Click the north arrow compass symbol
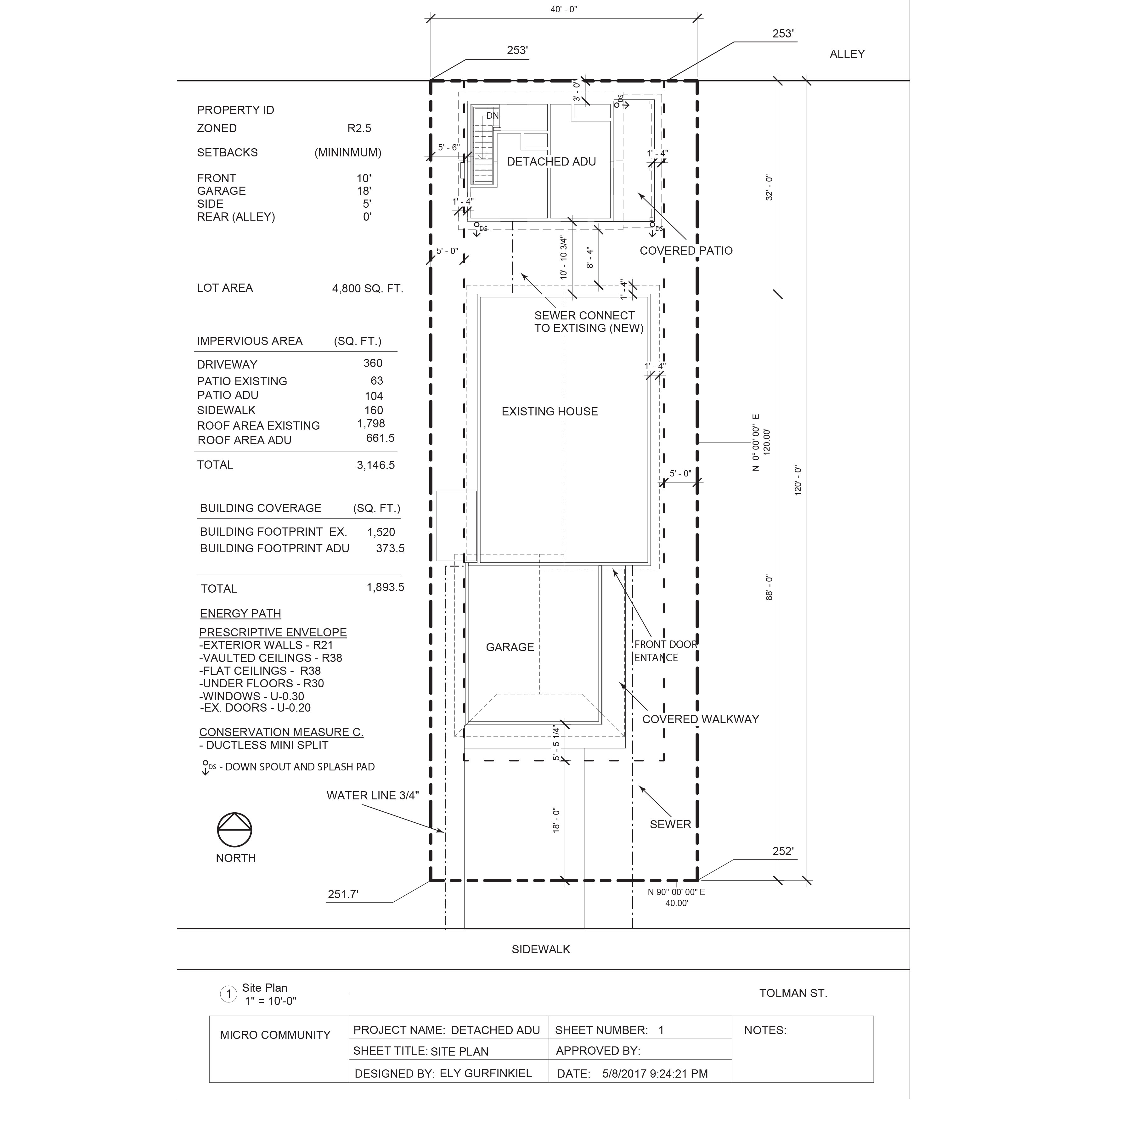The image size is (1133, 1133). tap(234, 830)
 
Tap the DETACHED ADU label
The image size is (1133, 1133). tap(551, 162)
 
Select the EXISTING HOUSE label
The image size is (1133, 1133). tap(550, 412)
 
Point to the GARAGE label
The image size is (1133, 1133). tap(510, 647)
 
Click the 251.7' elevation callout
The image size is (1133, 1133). tap(343, 894)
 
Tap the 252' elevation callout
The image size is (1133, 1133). tap(783, 852)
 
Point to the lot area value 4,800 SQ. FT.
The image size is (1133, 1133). tap(368, 289)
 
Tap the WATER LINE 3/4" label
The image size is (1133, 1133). tap(372, 796)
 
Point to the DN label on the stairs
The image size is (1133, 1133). tap(493, 116)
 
